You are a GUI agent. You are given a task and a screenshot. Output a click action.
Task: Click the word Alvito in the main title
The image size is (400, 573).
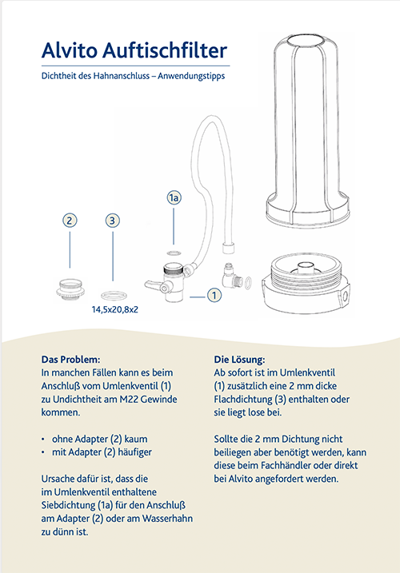(x=70, y=52)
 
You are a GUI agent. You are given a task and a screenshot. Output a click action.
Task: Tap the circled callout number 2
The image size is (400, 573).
(x=70, y=220)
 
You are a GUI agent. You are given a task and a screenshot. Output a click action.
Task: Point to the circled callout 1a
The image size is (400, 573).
(x=175, y=197)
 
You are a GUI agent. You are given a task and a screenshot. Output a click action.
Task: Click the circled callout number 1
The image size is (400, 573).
(x=213, y=295)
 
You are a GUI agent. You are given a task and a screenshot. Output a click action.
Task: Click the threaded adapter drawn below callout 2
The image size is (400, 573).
(x=70, y=287)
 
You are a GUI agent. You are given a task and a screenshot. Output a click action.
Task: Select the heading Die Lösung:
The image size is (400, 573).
(x=240, y=360)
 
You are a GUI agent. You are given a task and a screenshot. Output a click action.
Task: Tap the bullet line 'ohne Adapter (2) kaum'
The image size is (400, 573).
(x=105, y=440)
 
